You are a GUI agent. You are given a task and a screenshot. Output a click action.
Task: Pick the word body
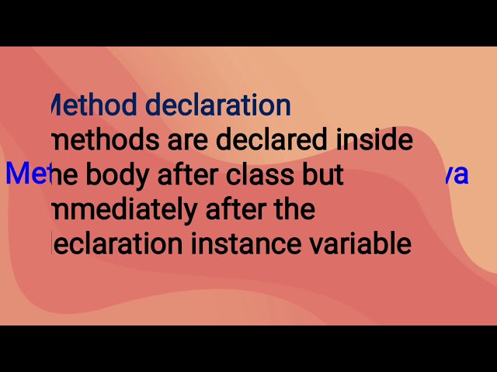(x=115, y=176)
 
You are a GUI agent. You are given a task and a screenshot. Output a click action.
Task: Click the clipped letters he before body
(x=63, y=176)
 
